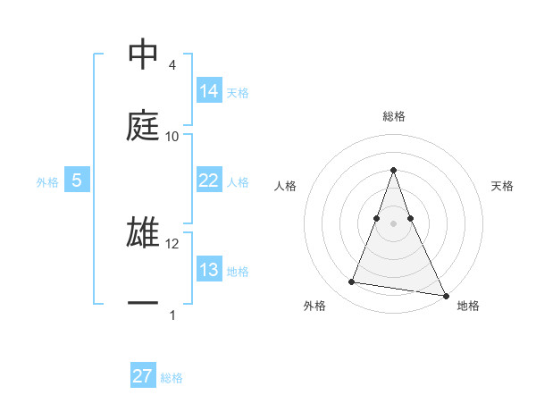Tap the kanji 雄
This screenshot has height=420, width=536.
[144, 232]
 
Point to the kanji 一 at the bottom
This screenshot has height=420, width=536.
[144, 304]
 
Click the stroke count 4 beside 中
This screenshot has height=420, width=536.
[172, 65]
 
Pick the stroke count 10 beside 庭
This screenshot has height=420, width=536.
[172, 136]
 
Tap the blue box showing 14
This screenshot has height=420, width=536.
[209, 90]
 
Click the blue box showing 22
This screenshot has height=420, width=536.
[209, 181]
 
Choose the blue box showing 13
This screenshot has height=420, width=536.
[209, 270]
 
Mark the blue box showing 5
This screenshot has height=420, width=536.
[77, 181]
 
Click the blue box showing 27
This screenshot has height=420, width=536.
[143, 376]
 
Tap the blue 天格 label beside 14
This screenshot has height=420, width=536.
[238, 92]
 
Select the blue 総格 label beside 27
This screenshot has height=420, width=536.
[172, 378]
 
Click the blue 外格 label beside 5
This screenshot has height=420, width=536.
[47, 182]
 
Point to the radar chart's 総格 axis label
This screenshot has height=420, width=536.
[394, 116]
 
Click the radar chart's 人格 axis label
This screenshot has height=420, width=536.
[286, 186]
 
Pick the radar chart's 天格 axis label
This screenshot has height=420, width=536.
[502, 186]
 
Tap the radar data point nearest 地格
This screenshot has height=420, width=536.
[445, 294]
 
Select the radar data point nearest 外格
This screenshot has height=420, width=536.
[352, 282]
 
